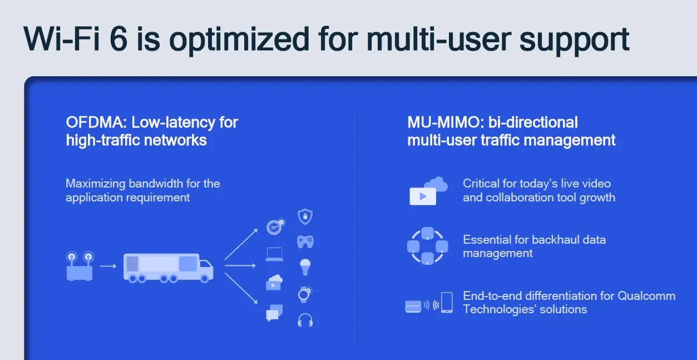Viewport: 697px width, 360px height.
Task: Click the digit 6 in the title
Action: tap(118, 39)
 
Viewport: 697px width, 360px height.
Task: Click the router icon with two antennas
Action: tap(80, 266)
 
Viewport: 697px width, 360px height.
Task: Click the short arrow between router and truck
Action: tap(108, 266)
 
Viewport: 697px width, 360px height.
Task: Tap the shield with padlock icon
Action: tap(305, 216)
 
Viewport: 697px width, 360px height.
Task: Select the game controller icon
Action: tap(305, 242)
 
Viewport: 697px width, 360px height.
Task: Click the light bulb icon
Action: tap(305, 267)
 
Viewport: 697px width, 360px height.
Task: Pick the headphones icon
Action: tap(305, 320)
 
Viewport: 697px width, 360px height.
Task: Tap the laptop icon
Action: tap(274, 254)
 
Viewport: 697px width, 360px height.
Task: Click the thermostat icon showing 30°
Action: tap(275, 226)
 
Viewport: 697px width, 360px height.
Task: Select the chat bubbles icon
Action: tap(274, 313)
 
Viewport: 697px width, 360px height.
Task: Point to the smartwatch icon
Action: tap(305, 294)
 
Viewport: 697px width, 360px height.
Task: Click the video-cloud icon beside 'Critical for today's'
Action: tap(428, 191)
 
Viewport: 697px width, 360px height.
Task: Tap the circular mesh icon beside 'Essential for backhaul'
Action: tap(428, 246)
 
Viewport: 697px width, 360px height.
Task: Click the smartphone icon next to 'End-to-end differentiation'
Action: tap(447, 303)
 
